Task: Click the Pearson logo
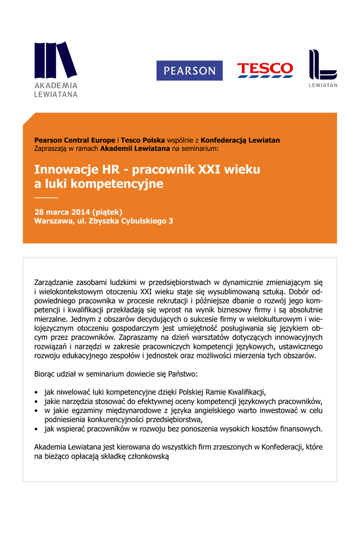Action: pyautogui.click(x=189, y=71)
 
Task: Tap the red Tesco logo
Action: pyautogui.click(x=265, y=69)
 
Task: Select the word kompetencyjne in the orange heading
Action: pyautogui.click(x=117, y=185)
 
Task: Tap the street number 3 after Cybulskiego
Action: pyautogui.click(x=171, y=221)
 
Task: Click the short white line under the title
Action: pyautogui.click(x=45, y=198)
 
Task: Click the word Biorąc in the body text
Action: pyautogui.click(x=46, y=374)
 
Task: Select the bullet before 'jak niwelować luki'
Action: pyautogui.click(x=36, y=392)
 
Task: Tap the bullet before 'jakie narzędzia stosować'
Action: pyautogui.click(x=36, y=401)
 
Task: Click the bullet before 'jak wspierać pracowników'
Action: pyautogui.click(x=36, y=428)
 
